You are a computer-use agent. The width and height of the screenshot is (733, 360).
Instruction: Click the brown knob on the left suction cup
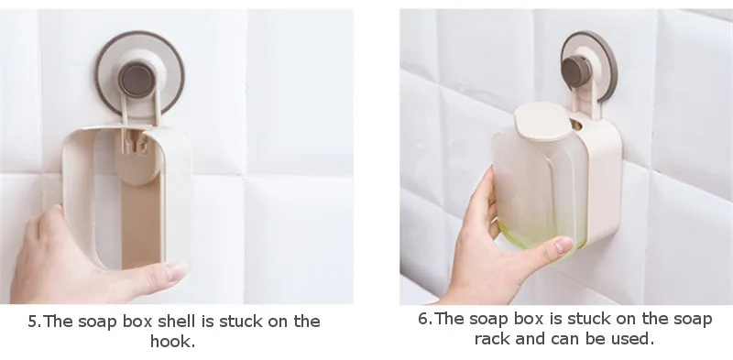[x=137, y=79]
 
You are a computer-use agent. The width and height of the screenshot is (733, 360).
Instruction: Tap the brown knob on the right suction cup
[x=576, y=71]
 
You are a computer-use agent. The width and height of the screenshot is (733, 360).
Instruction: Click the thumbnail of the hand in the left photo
[x=177, y=272]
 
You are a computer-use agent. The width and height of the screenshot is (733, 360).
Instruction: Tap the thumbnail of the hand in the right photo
[x=563, y=245]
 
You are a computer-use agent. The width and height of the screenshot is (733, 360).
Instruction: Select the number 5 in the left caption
[x=32, y=322]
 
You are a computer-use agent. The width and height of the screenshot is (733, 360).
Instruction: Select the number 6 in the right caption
[x=423, y=319]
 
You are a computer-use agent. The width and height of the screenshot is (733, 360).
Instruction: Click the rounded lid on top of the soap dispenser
[x=543, y=121]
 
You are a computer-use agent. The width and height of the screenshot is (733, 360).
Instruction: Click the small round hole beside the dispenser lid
[x=575, y=125]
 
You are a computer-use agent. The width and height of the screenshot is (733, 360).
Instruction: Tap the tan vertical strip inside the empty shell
[x=141, y=224]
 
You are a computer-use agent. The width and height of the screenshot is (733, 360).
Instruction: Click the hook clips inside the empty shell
[x=135, y=143]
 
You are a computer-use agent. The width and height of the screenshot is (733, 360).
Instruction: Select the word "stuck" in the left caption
[x=241, y=322]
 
